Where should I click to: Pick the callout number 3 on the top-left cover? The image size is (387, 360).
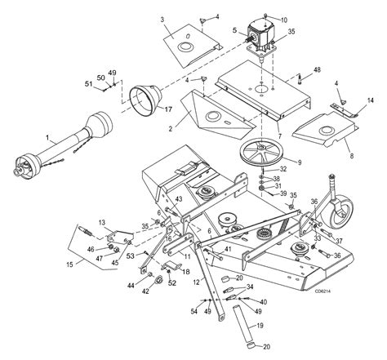(x=162, y=20)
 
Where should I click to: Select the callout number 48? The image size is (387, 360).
(x=317, y=70)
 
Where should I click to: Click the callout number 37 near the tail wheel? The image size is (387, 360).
(x=337, y=240)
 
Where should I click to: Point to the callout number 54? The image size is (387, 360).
(x=194, y=312)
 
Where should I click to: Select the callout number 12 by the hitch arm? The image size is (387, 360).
(x=197, y=282)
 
